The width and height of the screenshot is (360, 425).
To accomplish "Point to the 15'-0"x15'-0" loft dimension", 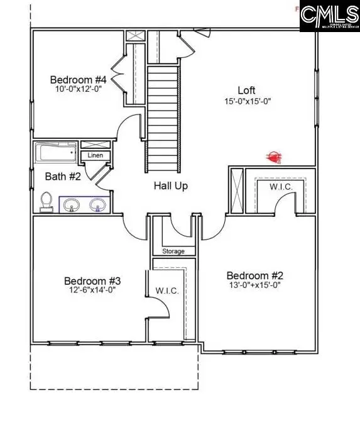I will point(248,101).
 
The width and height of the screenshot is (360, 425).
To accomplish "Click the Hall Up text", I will point(171,186).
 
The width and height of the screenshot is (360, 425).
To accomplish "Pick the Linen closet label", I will point(95,155).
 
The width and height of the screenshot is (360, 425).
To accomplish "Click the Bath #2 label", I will point(63,177).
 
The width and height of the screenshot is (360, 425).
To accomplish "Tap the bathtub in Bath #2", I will point(55,152).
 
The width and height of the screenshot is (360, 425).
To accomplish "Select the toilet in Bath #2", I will point(46,201).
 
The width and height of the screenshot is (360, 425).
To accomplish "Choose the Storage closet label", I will point(174,251).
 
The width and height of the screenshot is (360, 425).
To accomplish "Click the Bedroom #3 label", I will point(92,280).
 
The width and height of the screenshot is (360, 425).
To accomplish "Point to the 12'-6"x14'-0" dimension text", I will point(92,290).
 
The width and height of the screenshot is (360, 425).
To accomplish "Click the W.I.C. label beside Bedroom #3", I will point(167,291).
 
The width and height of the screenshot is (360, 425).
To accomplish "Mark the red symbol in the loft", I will point(273,157).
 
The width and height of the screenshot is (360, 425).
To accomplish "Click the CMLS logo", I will point(329,17).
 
